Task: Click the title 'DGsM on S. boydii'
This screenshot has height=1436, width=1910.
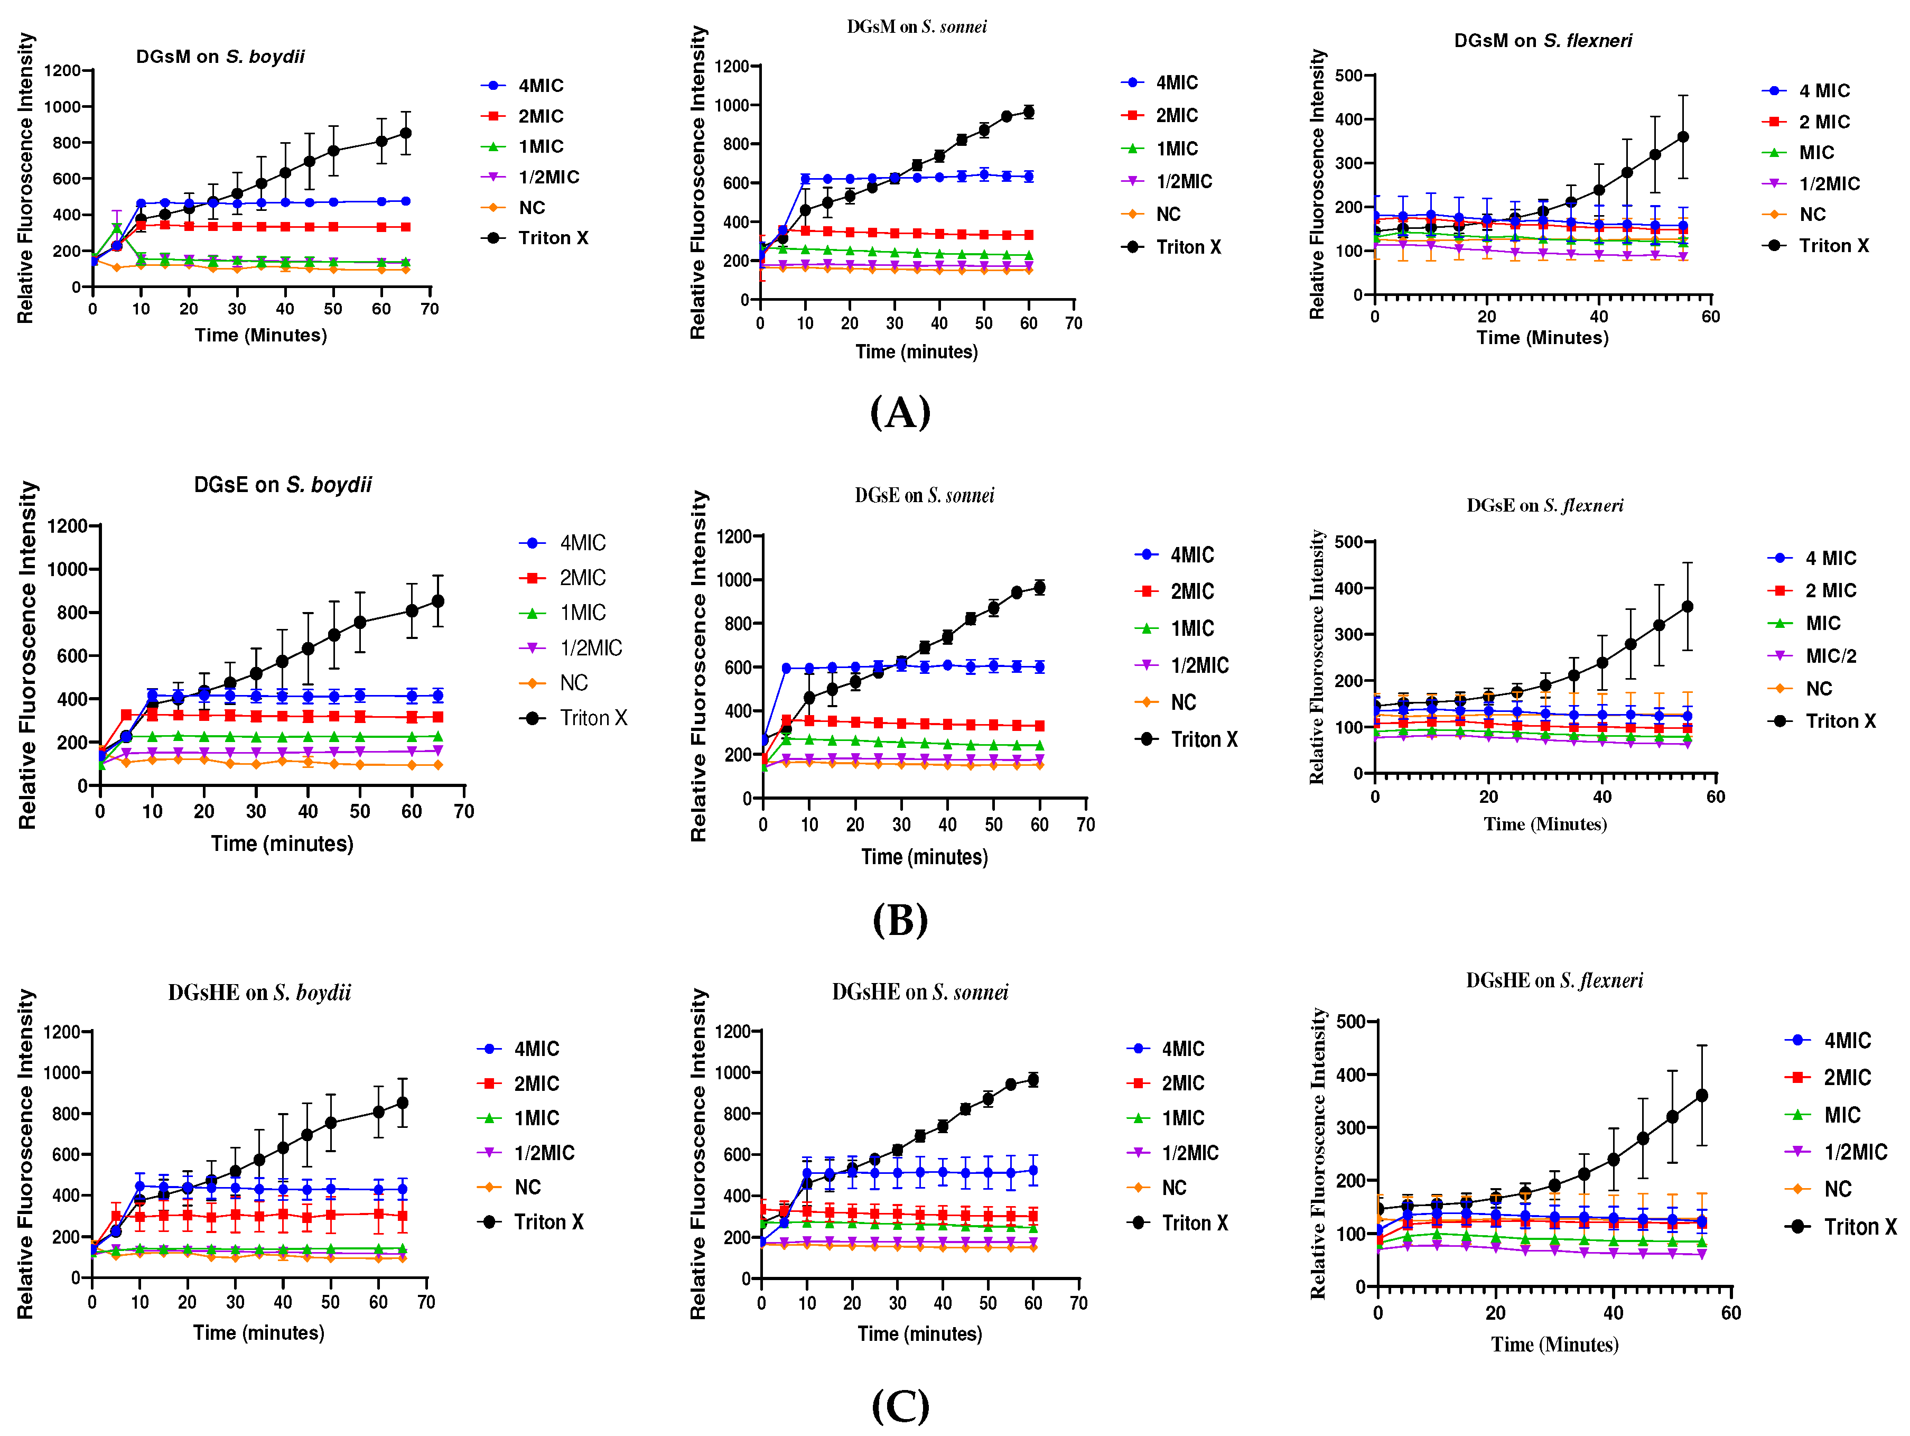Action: click(x=220, y=57)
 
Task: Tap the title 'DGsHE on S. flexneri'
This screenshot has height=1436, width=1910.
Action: click(x=1554, y=980)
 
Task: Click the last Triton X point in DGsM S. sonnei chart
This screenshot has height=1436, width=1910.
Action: click(x=1028, y=112)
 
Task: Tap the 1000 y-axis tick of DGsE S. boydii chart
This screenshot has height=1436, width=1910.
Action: click(x=67, y=570)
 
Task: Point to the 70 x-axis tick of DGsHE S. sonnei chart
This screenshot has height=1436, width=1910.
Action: click(x=1078, y=1304)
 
